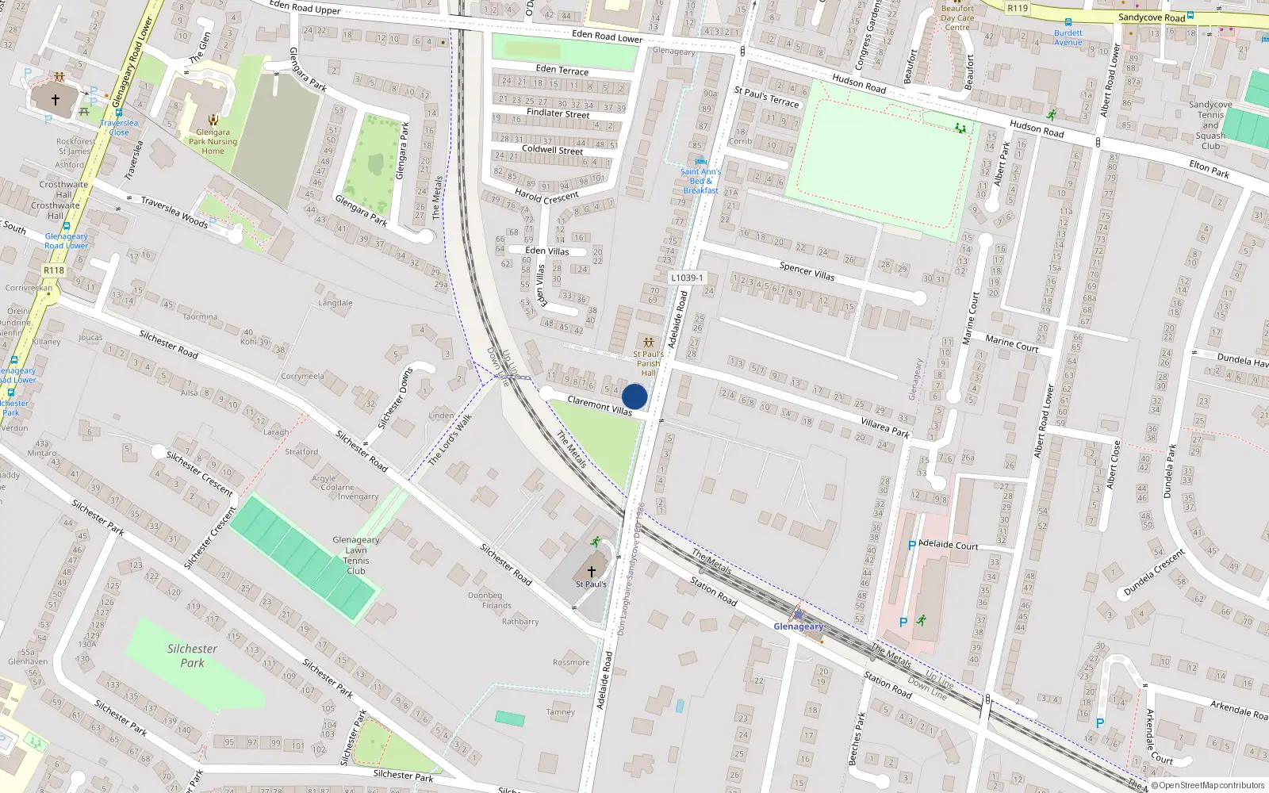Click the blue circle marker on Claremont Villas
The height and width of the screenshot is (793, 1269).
click(x=634, y=396)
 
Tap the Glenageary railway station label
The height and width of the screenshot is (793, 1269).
click(x=798, y=626)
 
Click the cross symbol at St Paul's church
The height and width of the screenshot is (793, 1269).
click(x=591, y=571)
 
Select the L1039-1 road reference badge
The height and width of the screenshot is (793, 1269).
click(x=686, y=278)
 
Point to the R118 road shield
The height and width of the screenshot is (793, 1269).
click(x=54, y=270)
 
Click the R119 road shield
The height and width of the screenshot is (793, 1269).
click(x=1018, y=8)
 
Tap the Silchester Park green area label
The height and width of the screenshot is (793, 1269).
click(x=192, y=656)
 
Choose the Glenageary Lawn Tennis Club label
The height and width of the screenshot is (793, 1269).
click(x=356, y=555)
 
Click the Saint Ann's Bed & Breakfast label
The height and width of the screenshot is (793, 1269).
click(x=701, y=181)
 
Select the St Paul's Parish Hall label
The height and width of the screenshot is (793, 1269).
click(x=649, y=363)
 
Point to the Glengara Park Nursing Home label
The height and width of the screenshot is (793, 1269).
click(x=213, y=142)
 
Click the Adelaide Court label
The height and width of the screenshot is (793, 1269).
click(x=948, y=545)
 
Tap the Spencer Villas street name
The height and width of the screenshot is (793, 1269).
click(x=807, y=271)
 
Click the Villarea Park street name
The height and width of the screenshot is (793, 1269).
click(x=885, y=429)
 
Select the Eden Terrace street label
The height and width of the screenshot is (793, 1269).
click(x=562, y=70)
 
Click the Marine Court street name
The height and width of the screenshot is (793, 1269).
click(x=1012, y=343)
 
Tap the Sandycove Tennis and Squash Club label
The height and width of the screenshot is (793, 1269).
click(x=1210, y=125)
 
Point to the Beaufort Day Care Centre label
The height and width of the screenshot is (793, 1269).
click(x=957, y=17)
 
